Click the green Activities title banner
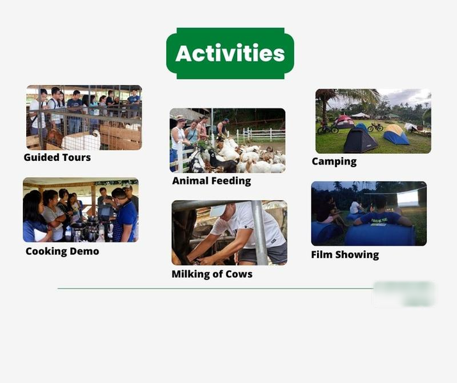pyautogui.click(x=230, y=53)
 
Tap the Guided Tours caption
pyautogui.click(x=57, y=158)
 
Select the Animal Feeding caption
pyautogui.click(x=212, y=181)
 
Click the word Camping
pyautogui.click(x=334, y=161)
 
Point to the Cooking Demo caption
pyautogui.click(x=63, y=251)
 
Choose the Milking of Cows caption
pyautogui.click(x=212, y=274)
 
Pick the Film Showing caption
pyautogui.click(x=345, y=255)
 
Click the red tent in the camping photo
pyautogui.click(x=344, y=122)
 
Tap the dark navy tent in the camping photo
pyautogui.click(x=360, y=140)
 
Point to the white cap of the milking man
pyautogui.click(x=219, y=210)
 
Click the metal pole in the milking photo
pyautogui.click(x=259, y=232)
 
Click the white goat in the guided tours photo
pyautogui.click(x=82, y=140)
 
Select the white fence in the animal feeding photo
pyautogui.click(x=260, y=135)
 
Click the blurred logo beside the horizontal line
pyautogui.click(x=404, y=294)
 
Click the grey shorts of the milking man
pyautogui.click(x=263, y=253)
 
